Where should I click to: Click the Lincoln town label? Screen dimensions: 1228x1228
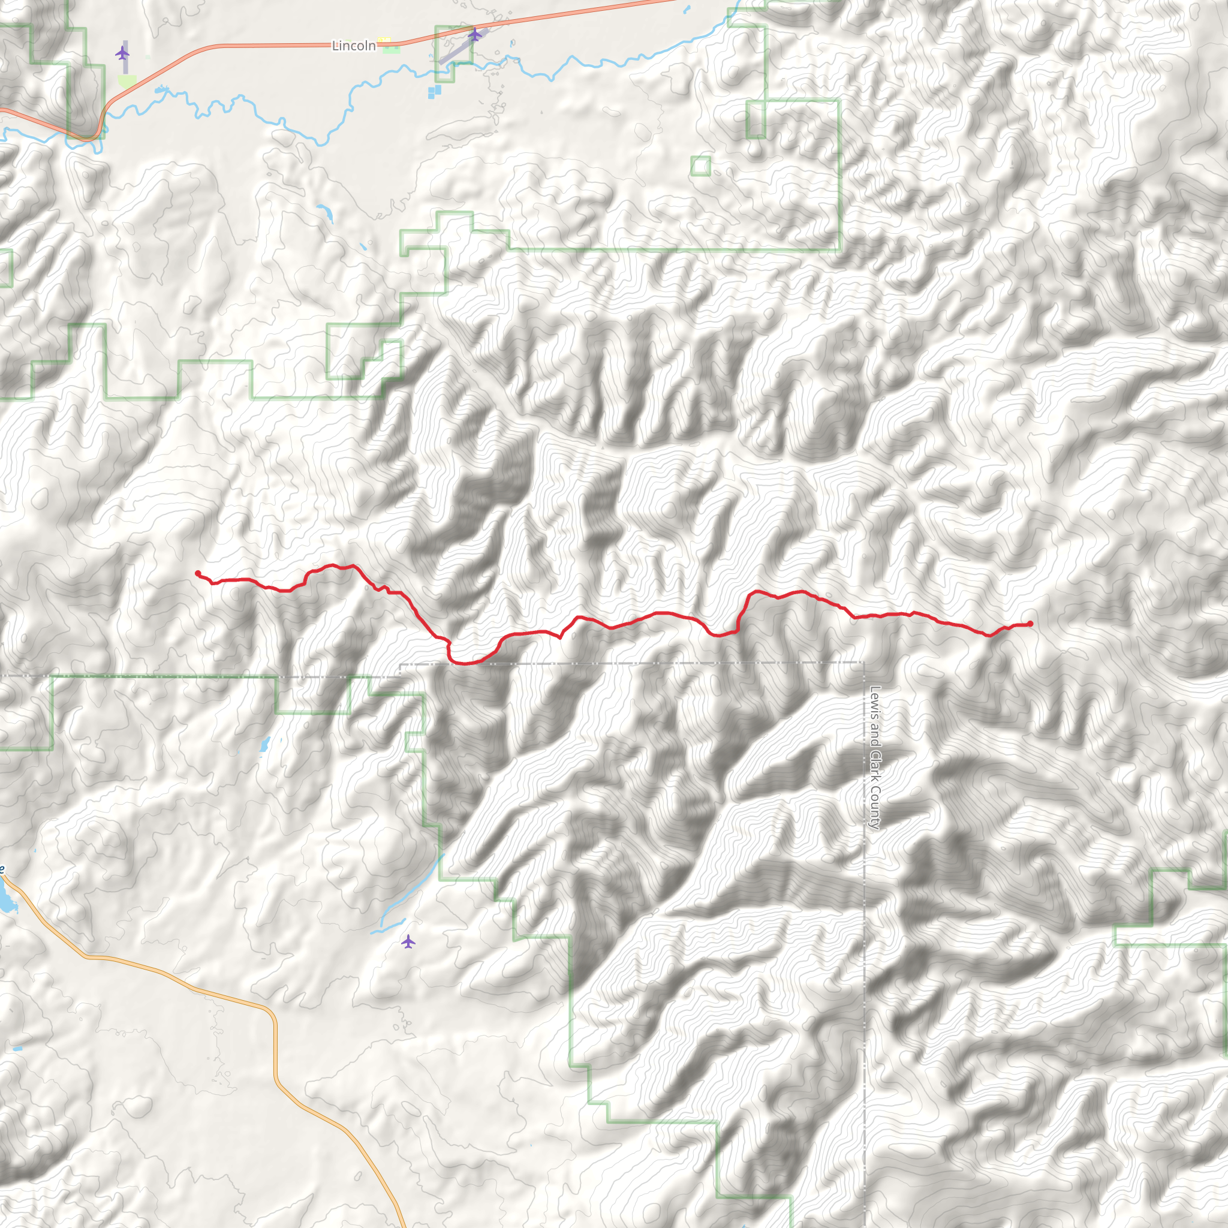click(353, 46)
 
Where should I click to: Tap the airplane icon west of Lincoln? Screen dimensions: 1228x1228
click(122, 53)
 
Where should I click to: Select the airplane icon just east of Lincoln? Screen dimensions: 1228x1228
click(475, 34)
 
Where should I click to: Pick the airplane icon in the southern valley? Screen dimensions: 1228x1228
click(408, 941)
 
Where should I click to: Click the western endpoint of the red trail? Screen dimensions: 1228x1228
click(198, 573)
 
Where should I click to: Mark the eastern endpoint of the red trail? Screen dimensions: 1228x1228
click(1030, 624)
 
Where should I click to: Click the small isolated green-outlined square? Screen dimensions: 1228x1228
click(700, 166)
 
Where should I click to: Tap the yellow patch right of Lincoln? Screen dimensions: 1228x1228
click(385, 43)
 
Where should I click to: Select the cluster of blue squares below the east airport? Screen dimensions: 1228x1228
click(434, 92)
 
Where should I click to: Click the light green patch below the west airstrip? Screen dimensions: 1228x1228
click(127, 81)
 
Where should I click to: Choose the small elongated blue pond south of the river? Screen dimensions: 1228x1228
click(325, 213)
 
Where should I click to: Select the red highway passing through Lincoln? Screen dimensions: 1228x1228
click(254, 45)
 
